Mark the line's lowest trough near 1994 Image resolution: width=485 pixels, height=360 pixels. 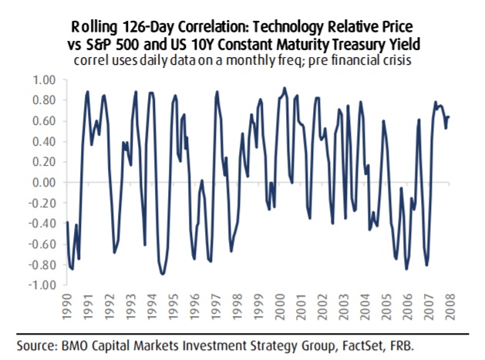tap(162, 274)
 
